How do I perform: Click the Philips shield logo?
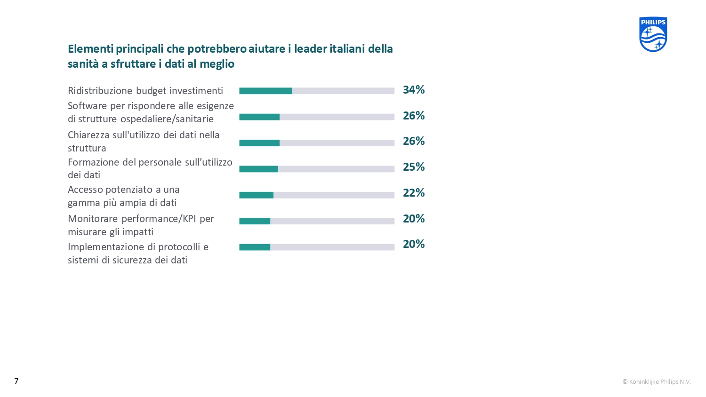[653, 34]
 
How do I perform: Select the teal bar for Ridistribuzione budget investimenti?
[265, 91]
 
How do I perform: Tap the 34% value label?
[414, 90]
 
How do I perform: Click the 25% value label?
[414, 167]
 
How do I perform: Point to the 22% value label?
[414, 193]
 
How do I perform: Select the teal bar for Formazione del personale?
[258, 169]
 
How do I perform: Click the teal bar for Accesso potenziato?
[256, 195]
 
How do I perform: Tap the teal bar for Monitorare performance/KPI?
[255, 221]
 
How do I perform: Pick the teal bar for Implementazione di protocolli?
[255, 247]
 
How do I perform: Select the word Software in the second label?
[87, 106]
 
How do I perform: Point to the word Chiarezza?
[88, 135]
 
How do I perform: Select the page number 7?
[16, 381]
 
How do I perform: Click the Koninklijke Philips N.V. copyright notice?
[657, 381]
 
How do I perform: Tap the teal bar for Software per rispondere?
[259, 117]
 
